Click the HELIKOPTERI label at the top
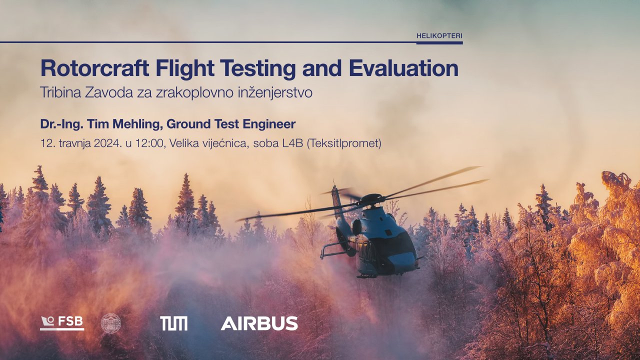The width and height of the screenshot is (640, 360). (439, 36)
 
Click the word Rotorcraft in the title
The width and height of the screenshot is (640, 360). (95, 68)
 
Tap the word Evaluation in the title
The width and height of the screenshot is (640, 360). (403, 68)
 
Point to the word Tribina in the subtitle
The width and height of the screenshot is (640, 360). (60, 92)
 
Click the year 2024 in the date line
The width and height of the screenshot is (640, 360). (107, 143)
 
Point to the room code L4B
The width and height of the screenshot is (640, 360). (292, 143)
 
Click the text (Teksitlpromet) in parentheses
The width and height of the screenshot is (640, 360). (344, 143)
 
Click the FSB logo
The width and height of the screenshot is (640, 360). (62, 323)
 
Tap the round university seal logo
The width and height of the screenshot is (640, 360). (111, 323)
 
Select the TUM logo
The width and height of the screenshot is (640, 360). (173, 323)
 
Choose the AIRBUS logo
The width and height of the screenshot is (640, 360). (259, 323)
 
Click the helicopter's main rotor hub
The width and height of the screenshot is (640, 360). (371, 198)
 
